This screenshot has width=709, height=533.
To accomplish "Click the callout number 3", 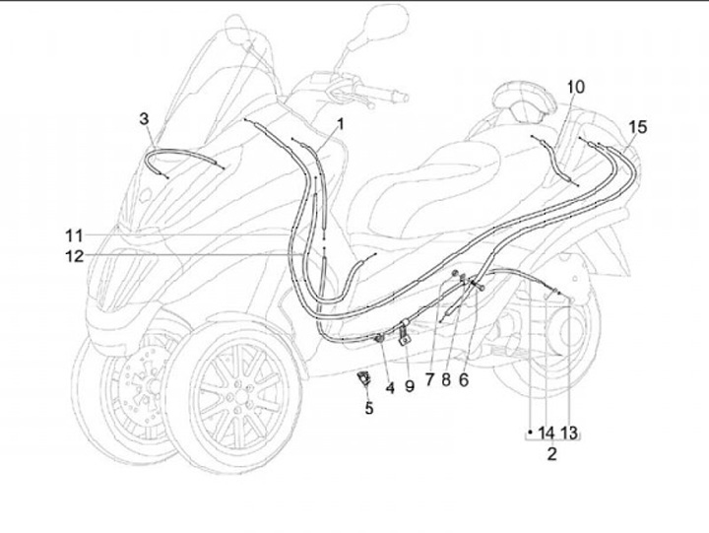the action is (145, 119).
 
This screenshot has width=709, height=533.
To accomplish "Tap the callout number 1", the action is (341, 125).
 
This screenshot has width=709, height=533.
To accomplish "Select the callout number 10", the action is (576, 87).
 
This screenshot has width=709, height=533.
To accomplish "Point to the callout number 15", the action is (638, 127).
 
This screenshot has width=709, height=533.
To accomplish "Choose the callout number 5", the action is (369, 408).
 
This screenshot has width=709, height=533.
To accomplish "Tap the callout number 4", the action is (390, 387).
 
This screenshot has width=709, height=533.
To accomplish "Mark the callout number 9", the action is (410, 387).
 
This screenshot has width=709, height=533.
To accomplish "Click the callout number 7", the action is (430, 377).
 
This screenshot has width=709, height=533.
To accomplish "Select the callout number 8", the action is (448, 377).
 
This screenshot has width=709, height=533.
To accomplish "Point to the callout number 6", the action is (464, 377).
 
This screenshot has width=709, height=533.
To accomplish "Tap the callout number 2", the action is (551, 454).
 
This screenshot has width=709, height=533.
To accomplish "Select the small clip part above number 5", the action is (363, 376).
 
